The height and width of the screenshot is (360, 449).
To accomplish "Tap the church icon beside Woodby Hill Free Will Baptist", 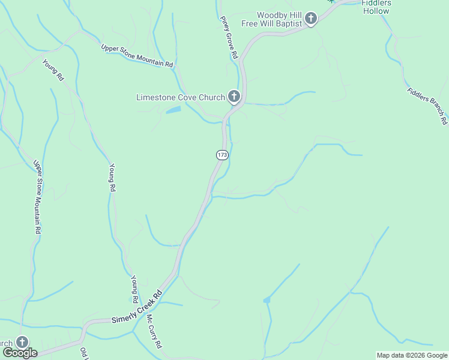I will [310, 19].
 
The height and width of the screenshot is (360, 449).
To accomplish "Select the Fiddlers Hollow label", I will [376, 7].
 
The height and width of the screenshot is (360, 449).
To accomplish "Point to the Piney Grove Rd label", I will [229, 37].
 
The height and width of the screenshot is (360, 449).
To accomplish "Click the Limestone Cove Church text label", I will [180, 97].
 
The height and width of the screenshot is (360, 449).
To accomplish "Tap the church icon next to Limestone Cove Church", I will [234, 96].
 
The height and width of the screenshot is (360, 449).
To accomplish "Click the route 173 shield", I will [222, 155].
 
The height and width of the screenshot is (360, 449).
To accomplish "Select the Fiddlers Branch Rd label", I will [427, 107].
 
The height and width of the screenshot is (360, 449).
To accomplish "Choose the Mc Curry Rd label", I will [154, 331].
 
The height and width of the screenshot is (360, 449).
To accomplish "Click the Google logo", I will [19, 353].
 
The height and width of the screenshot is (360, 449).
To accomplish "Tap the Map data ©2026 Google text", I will [412, 355].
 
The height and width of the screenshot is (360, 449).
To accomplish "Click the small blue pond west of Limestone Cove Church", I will [172, 110].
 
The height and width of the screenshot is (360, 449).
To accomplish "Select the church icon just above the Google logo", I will [22, 342].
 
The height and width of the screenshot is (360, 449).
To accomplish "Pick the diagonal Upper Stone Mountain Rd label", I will [137, 56].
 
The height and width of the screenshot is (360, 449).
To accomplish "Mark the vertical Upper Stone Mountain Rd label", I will [37, 197].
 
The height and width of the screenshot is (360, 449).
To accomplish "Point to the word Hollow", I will [376, 11].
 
